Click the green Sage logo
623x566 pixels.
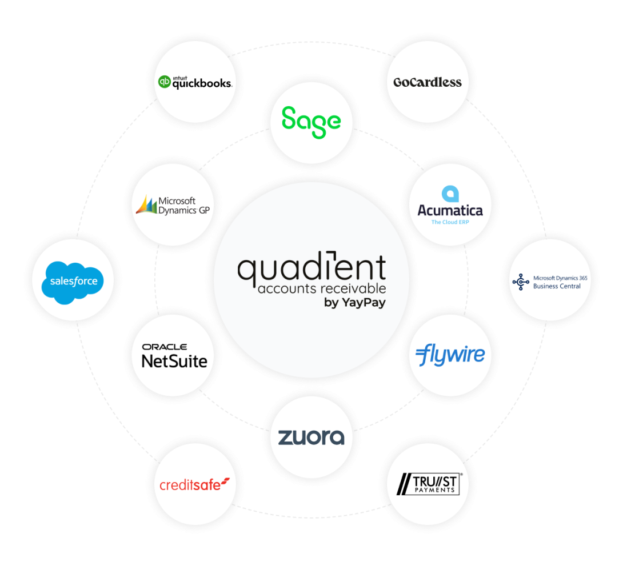coord(311,122)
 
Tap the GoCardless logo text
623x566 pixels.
coord(427,82)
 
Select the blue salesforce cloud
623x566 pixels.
coord(73,282)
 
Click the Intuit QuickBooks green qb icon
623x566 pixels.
coord(165,82)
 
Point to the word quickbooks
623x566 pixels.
coord(202,83)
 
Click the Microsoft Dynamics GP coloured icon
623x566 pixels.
coord(146,204)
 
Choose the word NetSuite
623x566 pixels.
coord(174,360)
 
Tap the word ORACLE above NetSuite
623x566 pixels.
coord(165,347)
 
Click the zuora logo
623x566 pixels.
coord(311,437)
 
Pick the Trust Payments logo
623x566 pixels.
coord(429,485)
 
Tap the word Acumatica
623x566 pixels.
coord(450,210)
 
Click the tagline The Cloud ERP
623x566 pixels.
coord(450,222)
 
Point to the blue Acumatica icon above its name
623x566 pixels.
coord(450,193)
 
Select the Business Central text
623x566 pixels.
coord(556,286)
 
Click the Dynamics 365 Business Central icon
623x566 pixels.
coord(520,282)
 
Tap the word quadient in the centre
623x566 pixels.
coord(311,270)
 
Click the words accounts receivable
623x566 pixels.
coord(321,288)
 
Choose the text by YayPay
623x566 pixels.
coord(354,303)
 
